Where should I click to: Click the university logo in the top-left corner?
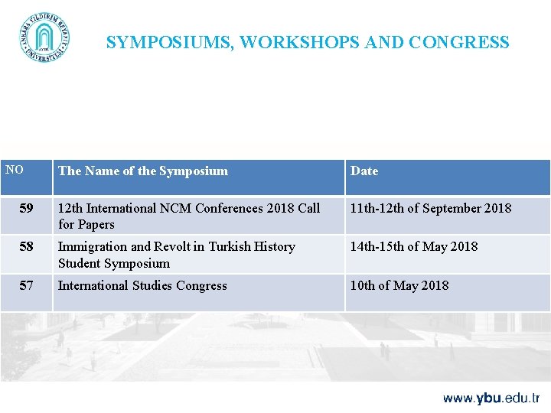[44, 37]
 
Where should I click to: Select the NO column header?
[15, 170]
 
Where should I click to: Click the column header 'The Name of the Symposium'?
[143, 171]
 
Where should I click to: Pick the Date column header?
[364, 171]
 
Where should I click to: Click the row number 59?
[27, 208]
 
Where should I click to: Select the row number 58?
[27, 247]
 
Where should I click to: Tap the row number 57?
[27, 285]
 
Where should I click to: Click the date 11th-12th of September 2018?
[431, 208]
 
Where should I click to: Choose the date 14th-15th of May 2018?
[414, 247]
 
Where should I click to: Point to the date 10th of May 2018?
[399, 285]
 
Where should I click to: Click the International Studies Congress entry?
[142, 285]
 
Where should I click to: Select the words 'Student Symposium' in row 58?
[114, 264]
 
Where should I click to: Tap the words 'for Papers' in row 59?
[86, 225]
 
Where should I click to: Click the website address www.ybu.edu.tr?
[491, 398]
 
